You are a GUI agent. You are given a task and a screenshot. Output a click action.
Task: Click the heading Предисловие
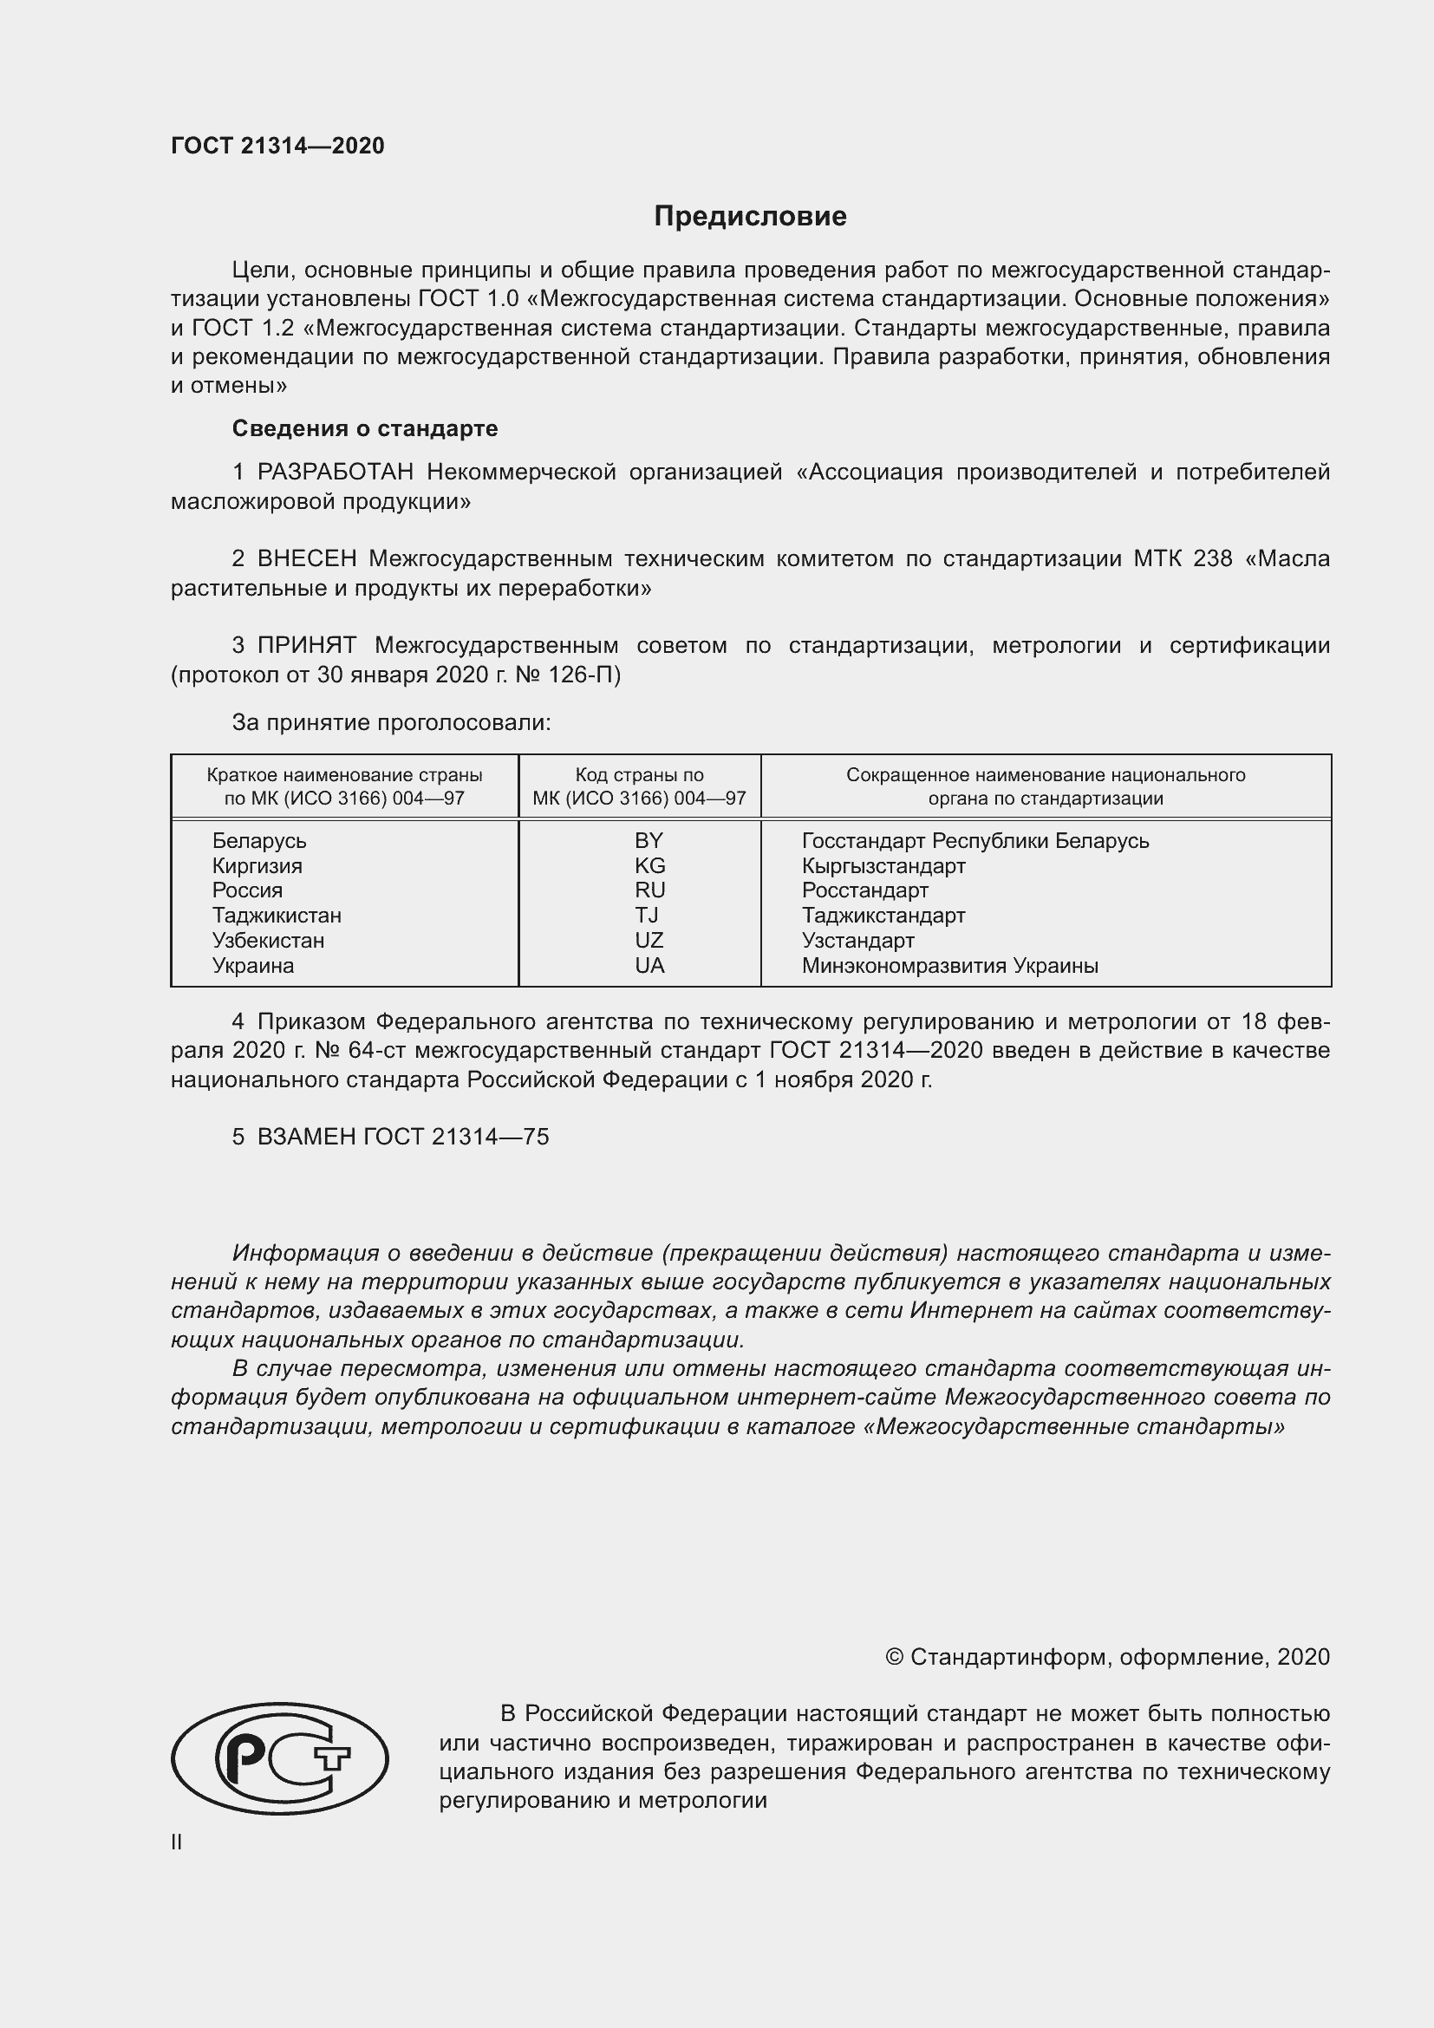coord(750,217)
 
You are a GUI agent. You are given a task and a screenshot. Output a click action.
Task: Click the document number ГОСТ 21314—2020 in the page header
coord(277,146)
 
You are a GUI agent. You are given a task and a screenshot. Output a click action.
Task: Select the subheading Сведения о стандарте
coord(365,428)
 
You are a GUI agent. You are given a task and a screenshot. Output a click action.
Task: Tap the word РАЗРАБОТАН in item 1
coord(335,473)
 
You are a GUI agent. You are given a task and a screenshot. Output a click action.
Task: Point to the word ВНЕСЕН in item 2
coord(306,559)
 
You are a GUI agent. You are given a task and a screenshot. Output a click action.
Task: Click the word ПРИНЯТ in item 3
coord(306,646)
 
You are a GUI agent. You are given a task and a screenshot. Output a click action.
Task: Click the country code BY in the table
coord(649,841)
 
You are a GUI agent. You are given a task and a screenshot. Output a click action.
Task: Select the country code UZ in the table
coord(649,941)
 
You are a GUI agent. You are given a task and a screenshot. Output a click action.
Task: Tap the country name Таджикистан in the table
coord(277,916)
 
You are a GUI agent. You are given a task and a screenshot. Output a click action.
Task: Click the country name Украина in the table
coord(252,966)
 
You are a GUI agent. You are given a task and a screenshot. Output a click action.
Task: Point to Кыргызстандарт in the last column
coord(883,866)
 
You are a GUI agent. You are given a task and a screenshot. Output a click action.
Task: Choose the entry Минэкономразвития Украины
coord(949,966)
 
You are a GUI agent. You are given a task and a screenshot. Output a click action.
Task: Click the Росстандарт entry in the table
coord(864,890)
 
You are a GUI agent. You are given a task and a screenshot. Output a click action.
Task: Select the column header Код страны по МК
coord(639,787)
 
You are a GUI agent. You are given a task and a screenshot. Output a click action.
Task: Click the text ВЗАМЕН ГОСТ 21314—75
coord(390,1137)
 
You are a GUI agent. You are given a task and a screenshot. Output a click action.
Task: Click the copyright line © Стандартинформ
coord(1106,1657)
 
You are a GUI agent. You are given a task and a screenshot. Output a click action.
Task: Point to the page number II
coord(177,1842)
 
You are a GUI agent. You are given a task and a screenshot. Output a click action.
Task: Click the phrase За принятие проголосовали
coord(391,722)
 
